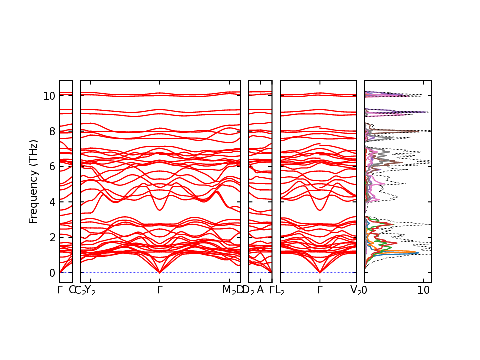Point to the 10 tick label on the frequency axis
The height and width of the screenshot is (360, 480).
click(x=48, y=96)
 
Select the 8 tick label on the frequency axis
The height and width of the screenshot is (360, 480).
click(x=51, y=131)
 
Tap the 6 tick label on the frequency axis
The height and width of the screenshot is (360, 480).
click(x=51, y=167)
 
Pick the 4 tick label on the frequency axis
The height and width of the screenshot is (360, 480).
click(x=51, y=202)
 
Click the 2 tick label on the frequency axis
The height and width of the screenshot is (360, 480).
click(x=51, y=237)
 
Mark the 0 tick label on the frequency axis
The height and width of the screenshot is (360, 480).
click(x=51, y=273)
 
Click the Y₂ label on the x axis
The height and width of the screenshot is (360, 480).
click(x=90, y=290)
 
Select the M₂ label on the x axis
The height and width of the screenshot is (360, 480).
click(x=229, y=290)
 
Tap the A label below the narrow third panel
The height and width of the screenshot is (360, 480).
click(x=260, y=289)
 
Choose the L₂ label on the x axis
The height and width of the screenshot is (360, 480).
click(x=280, y=290)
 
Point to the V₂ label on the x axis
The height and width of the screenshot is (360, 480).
click(x=356, y=290)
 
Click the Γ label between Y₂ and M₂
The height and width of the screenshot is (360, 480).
click(x=160, y=289)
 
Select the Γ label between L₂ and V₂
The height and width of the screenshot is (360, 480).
click(x=320, y=289)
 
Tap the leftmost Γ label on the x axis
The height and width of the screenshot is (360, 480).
click(x=60, y=289)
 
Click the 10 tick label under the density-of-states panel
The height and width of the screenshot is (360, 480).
click(x=424, y=290)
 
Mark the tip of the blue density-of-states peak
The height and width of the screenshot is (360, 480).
click(x=418, y=253)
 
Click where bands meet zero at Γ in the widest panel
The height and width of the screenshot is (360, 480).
click(x=160, y=272)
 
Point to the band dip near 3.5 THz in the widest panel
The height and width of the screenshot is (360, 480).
click(x=160, y=210)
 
